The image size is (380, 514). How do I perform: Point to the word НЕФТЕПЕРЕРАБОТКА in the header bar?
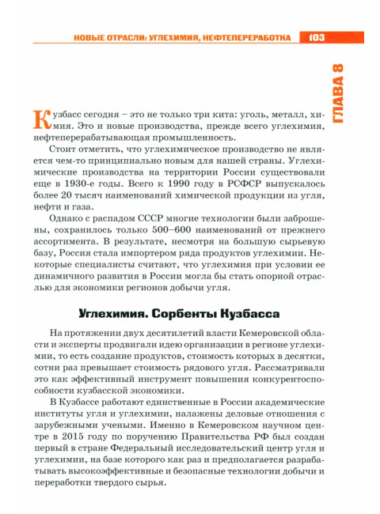click(x=250, y=37)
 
